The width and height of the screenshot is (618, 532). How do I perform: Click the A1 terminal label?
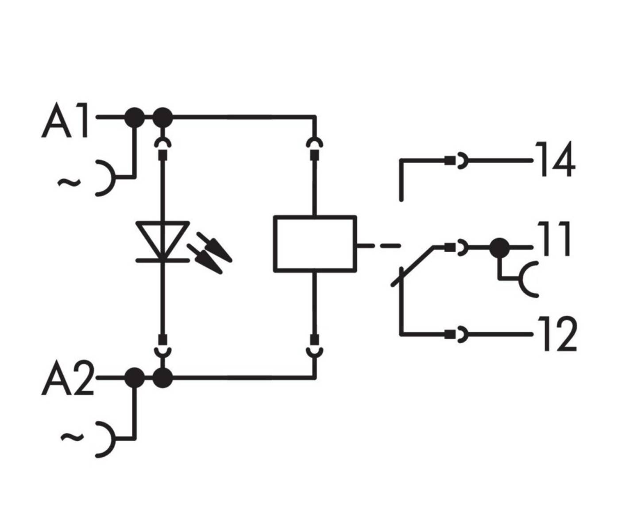(66, 121)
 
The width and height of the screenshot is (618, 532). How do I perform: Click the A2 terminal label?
(67, 380)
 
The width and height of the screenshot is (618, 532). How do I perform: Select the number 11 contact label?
(554, 240)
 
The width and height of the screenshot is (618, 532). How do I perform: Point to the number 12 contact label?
(557, 334)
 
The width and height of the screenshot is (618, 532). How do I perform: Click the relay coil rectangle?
(315, 243)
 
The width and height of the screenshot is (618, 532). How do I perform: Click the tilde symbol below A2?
(72, 438)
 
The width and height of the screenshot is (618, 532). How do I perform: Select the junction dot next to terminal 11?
(499, 247)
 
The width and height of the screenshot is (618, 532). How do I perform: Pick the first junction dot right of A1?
(134, 117)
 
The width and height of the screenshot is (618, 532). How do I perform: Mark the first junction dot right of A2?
(134, 378)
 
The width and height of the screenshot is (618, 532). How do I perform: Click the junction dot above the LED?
(162, 117)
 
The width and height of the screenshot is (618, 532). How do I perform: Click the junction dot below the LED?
(162, 378)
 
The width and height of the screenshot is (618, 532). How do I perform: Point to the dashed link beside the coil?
(379, 245)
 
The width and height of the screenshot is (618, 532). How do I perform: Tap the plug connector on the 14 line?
(457, 160)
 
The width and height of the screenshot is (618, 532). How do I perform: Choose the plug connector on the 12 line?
(457, 333)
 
